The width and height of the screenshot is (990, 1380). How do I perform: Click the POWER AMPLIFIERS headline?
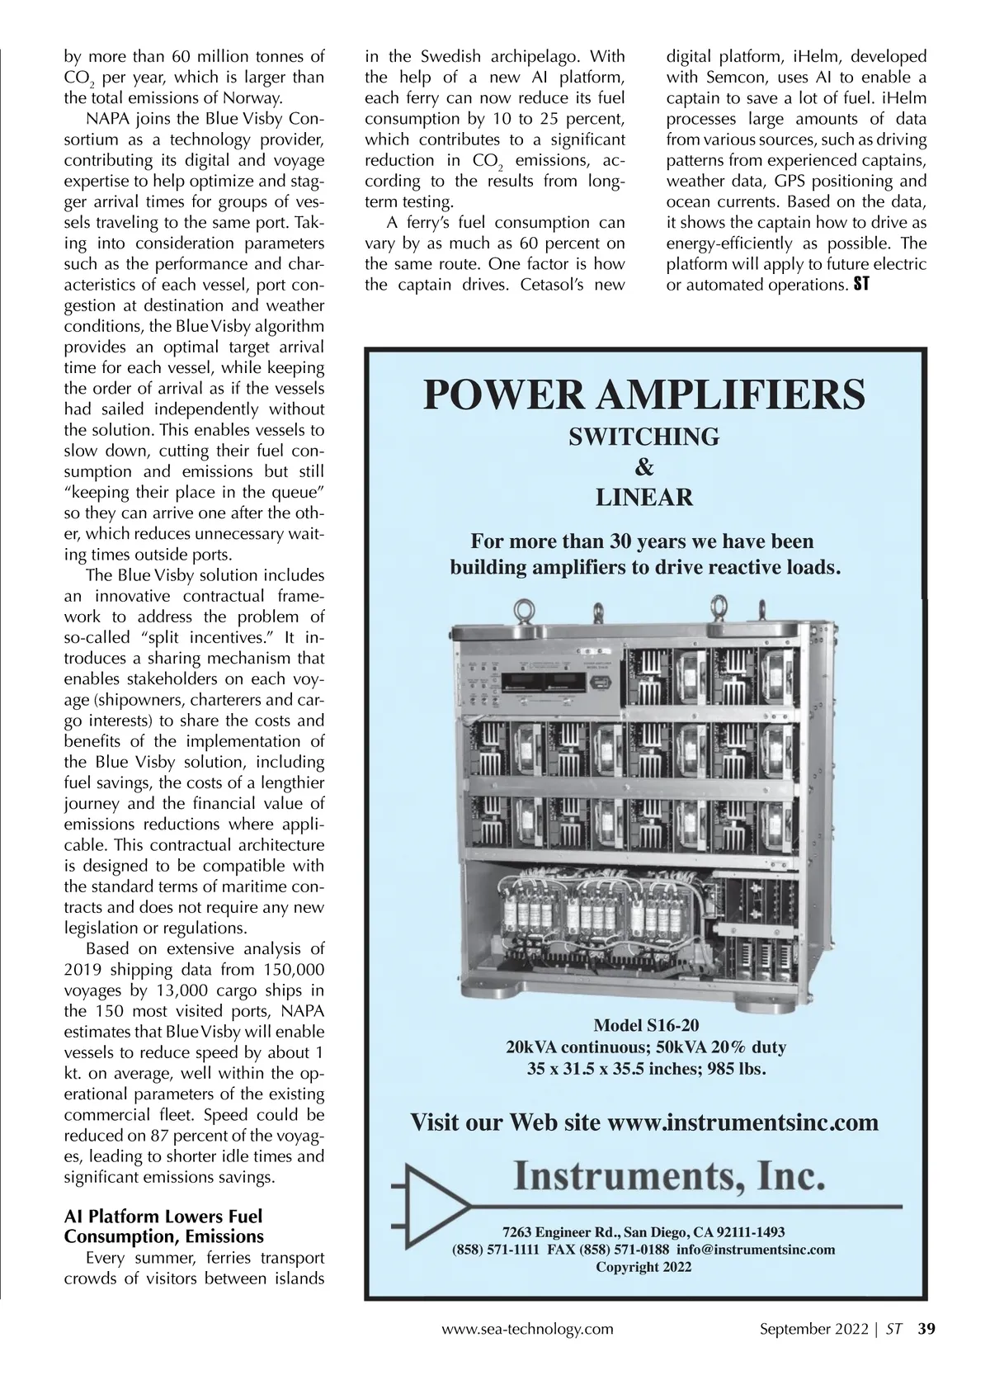click(x=643, y=395)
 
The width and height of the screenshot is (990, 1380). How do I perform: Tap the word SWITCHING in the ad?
click(x=643, y=437)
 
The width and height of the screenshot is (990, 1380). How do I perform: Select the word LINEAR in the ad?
click(x=644, y=497)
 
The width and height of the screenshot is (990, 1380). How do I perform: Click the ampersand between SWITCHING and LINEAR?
click(x=644, y=467)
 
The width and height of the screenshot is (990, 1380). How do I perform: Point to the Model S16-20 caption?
click(x=646, y=1025)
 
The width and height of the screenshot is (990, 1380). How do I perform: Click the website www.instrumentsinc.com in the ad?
click(x=742, y=1122)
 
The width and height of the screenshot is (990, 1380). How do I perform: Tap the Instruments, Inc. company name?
click(x=668, y=1176)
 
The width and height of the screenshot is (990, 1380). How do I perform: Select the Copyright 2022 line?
click(x=643, y=1267)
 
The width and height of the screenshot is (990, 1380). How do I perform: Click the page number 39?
click(x=926, y=1329)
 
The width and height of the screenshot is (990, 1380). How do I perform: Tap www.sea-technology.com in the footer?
click(x=528, y=1329)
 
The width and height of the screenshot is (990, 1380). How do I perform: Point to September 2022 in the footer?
click(x=813, y=1329)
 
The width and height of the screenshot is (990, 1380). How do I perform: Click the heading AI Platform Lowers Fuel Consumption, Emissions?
click(x=163, y=1226)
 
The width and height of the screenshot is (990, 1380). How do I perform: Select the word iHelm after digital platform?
click(x=817, y=57)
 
